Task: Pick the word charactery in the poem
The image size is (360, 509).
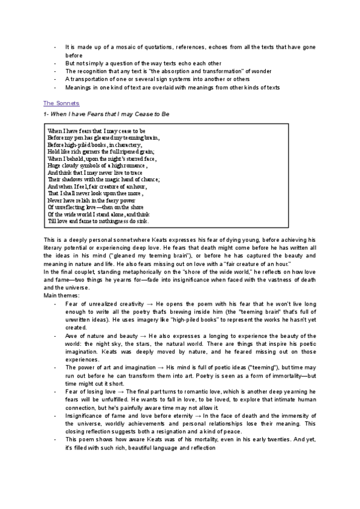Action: [x=127, y=145]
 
